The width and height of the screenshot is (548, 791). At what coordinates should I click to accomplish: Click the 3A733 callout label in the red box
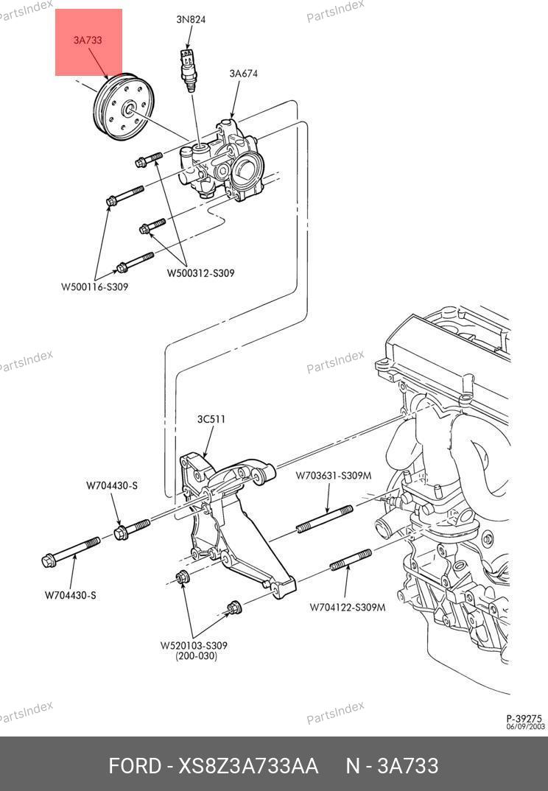coord(88,40)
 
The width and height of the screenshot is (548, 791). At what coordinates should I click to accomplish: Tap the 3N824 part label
coord(191,20)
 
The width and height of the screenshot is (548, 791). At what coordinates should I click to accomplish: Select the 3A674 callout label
coord(244,73)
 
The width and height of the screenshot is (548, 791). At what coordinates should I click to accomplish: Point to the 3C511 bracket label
coord(211,419)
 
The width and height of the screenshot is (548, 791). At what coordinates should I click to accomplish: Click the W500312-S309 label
coord(201,273)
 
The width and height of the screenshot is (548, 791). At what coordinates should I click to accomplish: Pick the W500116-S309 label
coord(95,286)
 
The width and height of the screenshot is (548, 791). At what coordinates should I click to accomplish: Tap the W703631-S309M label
coord(333,475)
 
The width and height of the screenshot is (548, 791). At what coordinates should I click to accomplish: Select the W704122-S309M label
coord(348,608)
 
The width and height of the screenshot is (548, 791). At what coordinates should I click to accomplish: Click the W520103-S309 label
coord(194,645)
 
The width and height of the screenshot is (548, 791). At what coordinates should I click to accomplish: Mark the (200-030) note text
coord(196,655)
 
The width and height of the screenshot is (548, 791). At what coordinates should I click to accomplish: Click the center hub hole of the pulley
coord(129,109)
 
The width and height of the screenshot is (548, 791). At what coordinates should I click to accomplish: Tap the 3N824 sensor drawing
coord(189,70)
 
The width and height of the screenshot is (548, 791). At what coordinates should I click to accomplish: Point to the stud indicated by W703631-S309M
coord(325,518)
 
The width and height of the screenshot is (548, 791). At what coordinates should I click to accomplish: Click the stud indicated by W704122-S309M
coord(351,560)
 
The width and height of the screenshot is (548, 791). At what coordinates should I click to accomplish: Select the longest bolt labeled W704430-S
coord(71,552)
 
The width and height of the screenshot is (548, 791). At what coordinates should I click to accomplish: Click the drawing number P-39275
coord(524,718)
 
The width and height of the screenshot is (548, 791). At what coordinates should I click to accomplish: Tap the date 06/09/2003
coord(526,726)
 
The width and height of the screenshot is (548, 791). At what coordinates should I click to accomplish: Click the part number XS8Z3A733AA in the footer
coord(248,766)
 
